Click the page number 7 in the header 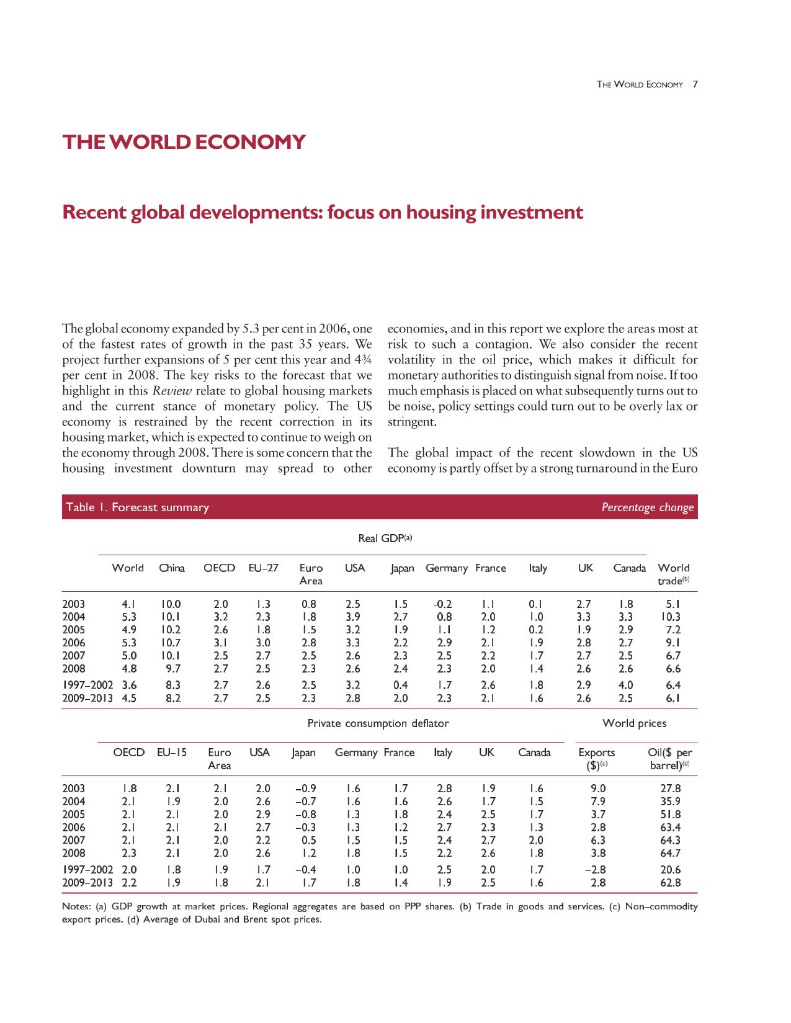click(x=695, y=84)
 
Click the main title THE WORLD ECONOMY click(x=184, y=142)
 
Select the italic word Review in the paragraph click(x=172, y=390)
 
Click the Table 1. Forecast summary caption click(x=137, y=507)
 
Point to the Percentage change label click(x=648, y=507)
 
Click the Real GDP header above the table click(x=385, y=538)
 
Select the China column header click(x=172, y=568)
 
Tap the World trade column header click(x=673, y=574)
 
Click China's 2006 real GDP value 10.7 click(x=171, y=643)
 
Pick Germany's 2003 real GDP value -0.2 click(x=442, y=604)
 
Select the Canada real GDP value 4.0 click(x=625, y=685)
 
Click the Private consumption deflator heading click(x=378, y=723)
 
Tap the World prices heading click(x=634, y=723)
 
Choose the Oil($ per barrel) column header click(x=669, y=759)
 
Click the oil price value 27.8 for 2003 click(x=671, y=788)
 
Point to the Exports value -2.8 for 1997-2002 click(x=595, y=870)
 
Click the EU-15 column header click(x=172, y=753)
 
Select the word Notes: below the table click(x=76, y=906)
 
